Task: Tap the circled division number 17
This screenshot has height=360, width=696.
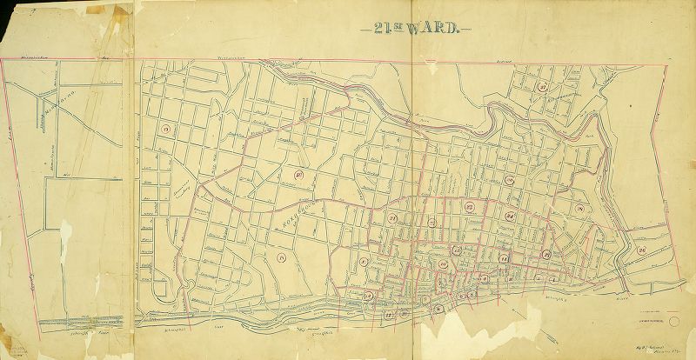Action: pos(164,130)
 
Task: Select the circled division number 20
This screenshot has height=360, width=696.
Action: pos(298,175)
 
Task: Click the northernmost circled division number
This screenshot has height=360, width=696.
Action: pos(541,87)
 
